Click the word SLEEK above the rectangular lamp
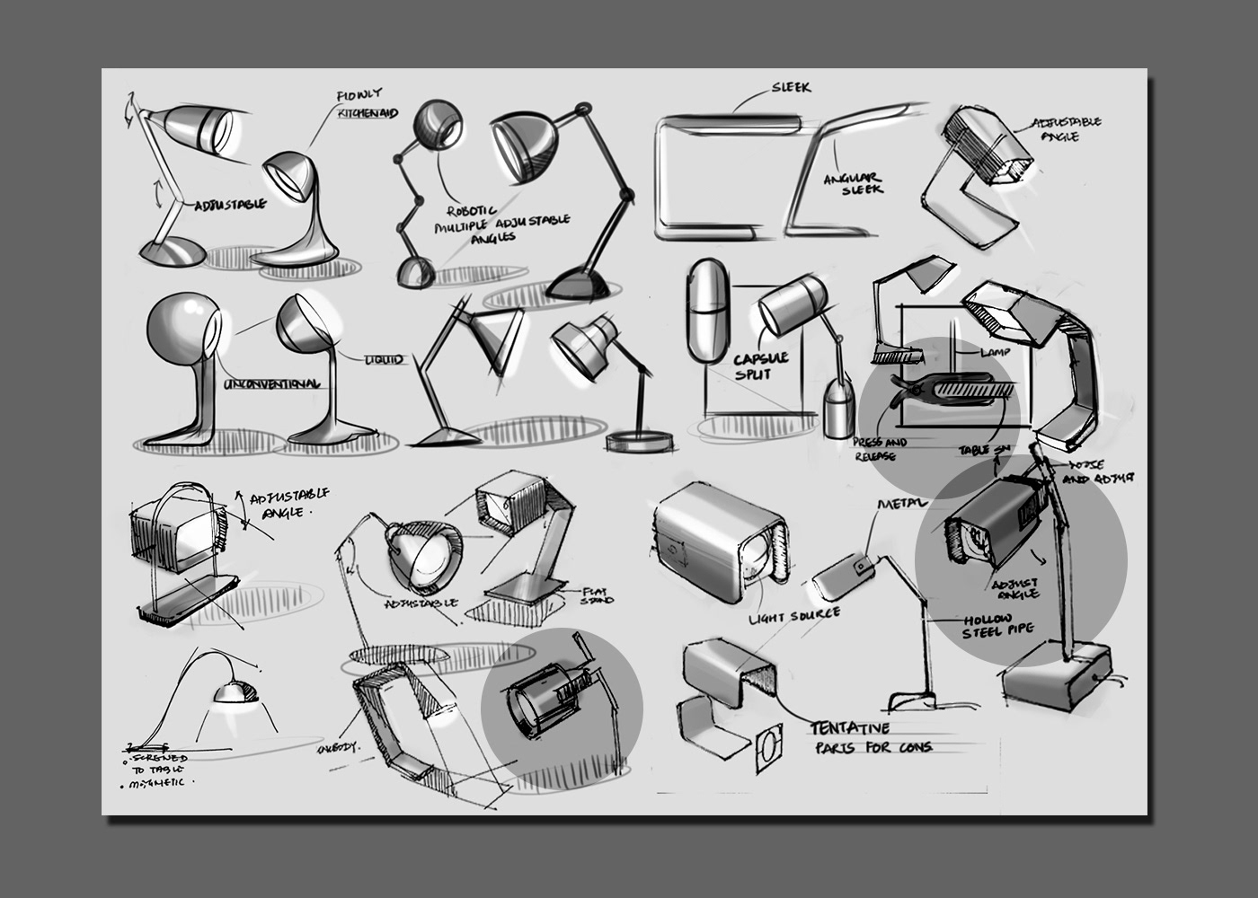point(791,87)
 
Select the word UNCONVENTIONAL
point(272,383)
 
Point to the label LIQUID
point(384,360)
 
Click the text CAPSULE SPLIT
point(760,365)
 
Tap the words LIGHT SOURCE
point(794,617)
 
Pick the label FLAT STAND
point(596,594)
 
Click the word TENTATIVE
point(862,727)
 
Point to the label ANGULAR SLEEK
point(855,183)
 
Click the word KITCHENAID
point(367,114)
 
